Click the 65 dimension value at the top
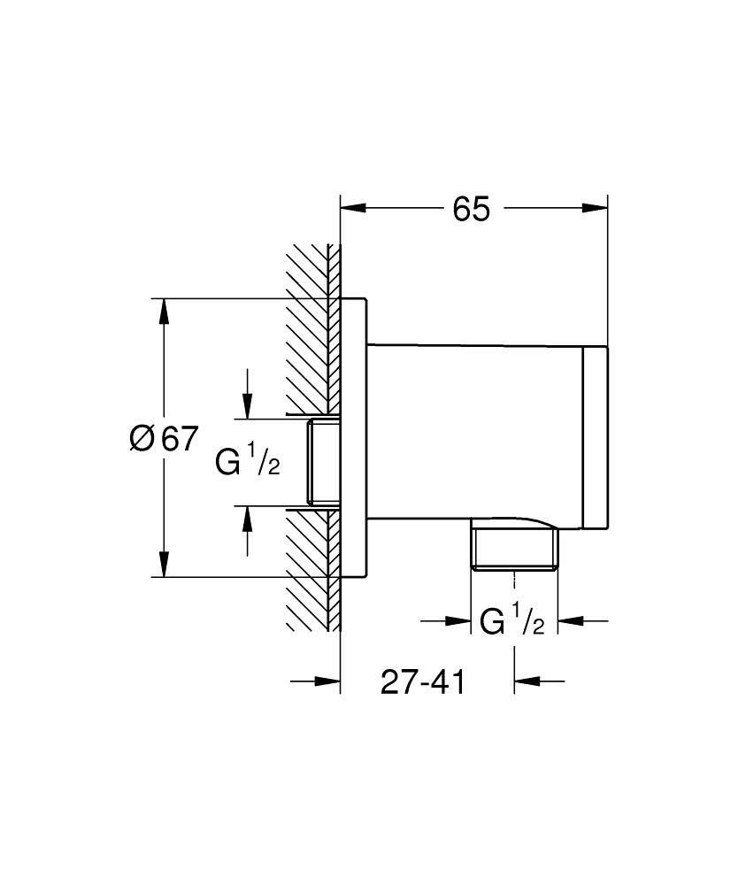click(471, 210)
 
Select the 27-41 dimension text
click(423, 681)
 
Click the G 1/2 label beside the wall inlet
click(248, 461)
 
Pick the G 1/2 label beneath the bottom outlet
click(511, 621)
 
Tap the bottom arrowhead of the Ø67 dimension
click(164, 564)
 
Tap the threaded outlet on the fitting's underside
click(514, 549)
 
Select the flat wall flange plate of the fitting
click(354, 438)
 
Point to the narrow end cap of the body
click(596, 438)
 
